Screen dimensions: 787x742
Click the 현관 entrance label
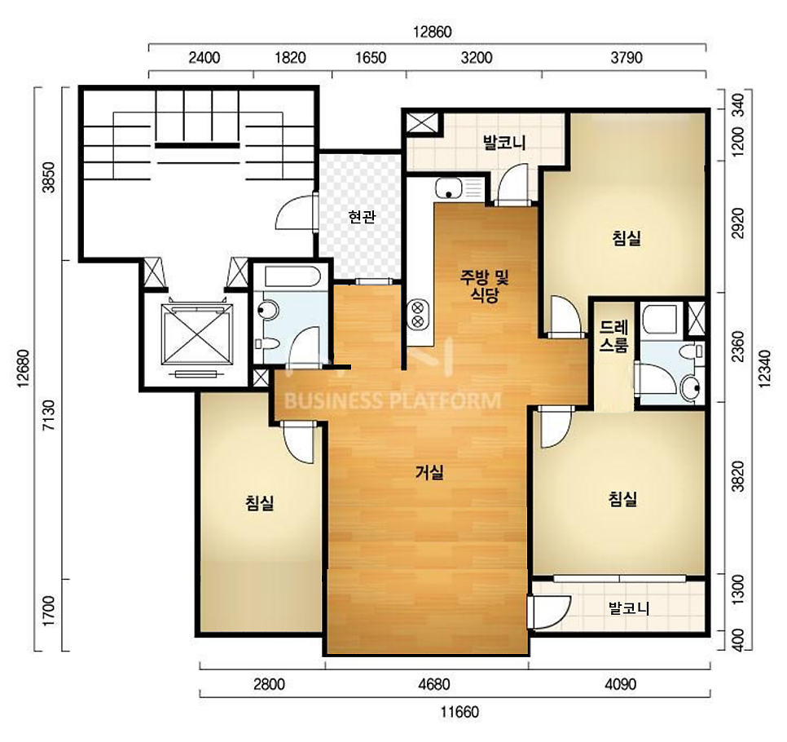[x=362, y=217]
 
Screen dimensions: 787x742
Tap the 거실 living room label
[x=429, y=472]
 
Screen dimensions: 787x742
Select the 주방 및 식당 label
[x=484, y=285]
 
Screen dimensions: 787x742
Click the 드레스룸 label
[x=613, y=337]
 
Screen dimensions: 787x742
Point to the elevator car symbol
[x=197, y=334]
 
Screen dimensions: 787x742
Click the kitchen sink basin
[x=449, y=189]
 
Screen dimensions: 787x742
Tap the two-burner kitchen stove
[x=418, y=314]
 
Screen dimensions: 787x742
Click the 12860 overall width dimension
[x=432, y=32]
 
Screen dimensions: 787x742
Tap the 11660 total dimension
[x=459, y=712]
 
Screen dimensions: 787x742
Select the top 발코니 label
[x=504, y=143]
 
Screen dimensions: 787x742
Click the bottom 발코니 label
[x=629, y=608]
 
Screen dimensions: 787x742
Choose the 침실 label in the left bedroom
[x=260, y=502]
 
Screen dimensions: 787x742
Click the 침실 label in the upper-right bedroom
[x=626, y=237]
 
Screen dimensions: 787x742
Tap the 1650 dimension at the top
[x=371, y=58]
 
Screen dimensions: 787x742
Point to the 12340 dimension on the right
[x=764, y=369]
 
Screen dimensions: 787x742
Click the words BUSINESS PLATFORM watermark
[x=393, y=401]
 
